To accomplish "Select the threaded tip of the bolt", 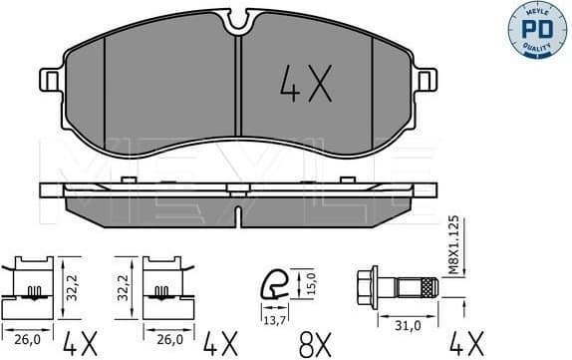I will pos(428,287).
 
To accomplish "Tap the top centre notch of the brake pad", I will pos(239,16).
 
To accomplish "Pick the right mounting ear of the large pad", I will pos(427,81).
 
